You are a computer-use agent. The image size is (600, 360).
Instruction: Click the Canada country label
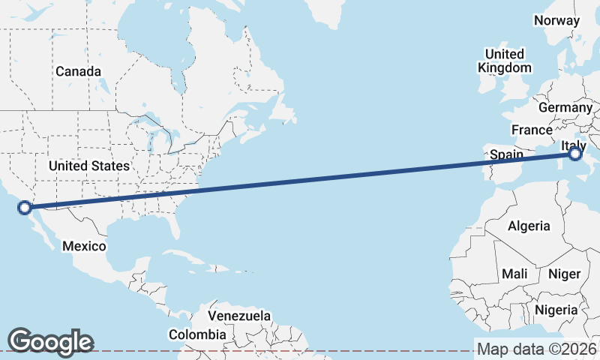point(78,71)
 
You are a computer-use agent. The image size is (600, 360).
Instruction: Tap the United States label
point(88,165)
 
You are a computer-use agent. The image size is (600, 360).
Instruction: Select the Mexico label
point(84,246)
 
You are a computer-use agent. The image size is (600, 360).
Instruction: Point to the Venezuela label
point(239,316)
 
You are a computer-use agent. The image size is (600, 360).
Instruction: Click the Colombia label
point(196,334)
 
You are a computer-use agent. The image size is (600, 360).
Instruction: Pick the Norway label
point(556,20)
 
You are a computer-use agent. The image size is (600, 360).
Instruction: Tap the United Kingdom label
point(504,61)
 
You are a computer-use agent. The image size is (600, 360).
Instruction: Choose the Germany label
point(565,107)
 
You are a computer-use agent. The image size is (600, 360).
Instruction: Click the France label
point(532,130)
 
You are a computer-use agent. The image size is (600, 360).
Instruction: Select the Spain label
point(506,154)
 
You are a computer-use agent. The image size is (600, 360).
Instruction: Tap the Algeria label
point(529,226)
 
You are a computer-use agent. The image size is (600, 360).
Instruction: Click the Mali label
point(514,274)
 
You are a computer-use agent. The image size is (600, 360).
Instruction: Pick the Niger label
point(565,274)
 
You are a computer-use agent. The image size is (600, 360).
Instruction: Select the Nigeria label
point(556,309)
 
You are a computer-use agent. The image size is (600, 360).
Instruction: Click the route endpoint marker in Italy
point(574,154)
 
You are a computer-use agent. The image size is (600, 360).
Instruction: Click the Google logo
point(50,341)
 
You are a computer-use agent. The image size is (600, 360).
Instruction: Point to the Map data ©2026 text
point(536,349)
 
